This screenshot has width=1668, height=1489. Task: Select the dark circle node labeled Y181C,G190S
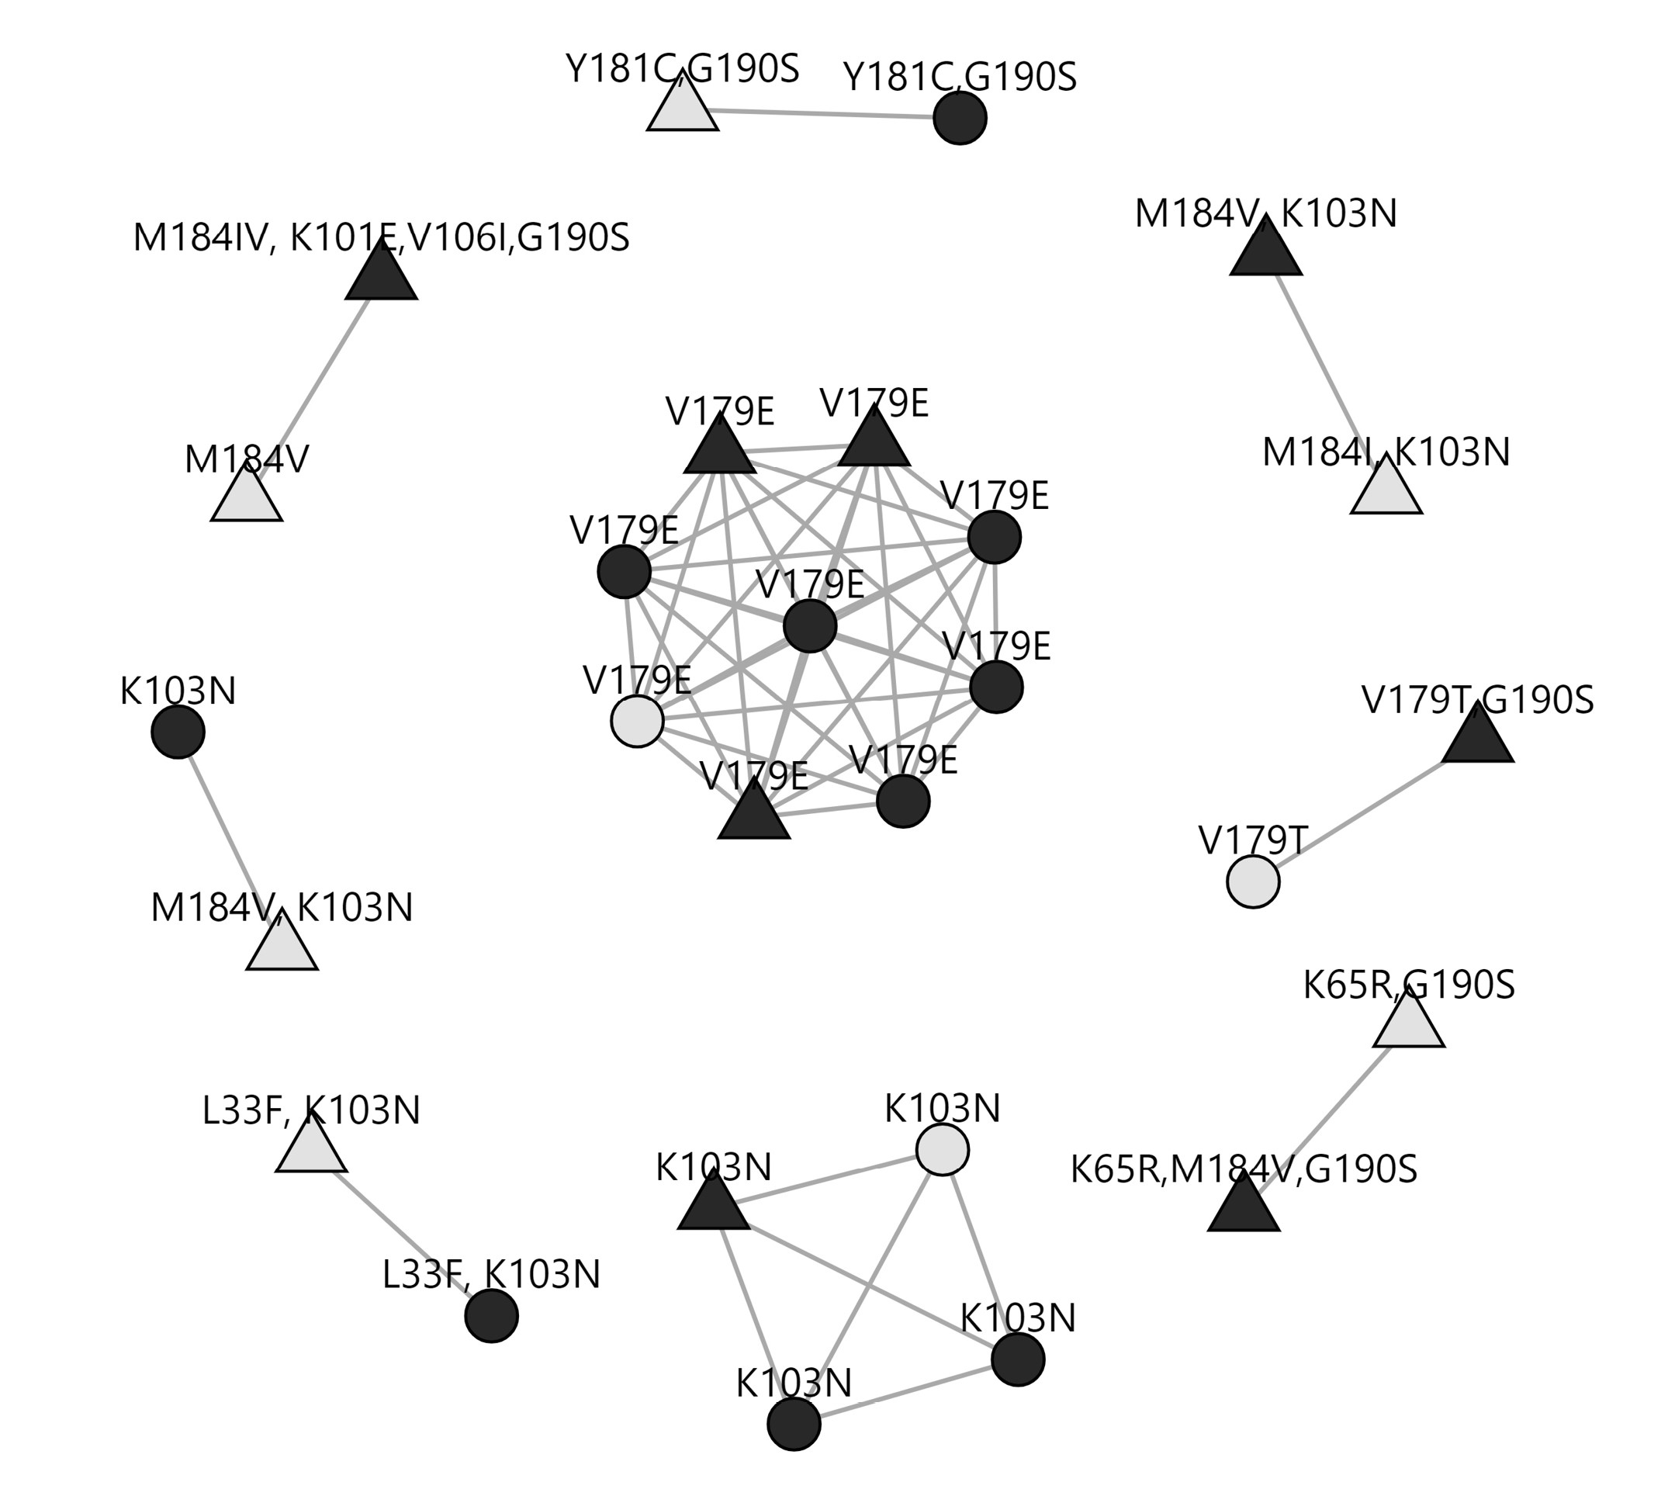click(960, 119)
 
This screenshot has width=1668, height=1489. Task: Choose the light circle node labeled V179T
click(1253, 882)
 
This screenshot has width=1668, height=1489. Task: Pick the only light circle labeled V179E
click(637, 721)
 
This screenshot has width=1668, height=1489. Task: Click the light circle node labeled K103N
click(943, 1149)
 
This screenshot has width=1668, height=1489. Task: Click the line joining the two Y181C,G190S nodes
click(822, 115)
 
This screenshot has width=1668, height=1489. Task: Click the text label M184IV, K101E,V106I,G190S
click(381, 238)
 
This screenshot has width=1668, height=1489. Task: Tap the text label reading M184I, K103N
click(1386, 452)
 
